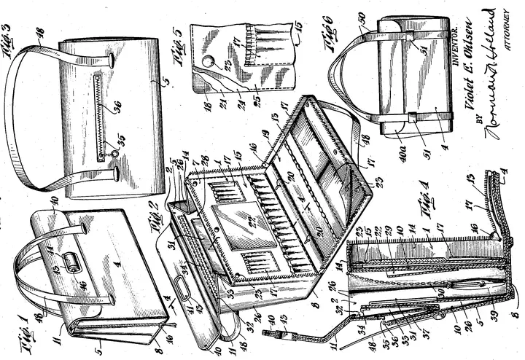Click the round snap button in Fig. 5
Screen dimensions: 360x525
pos(210,62)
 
